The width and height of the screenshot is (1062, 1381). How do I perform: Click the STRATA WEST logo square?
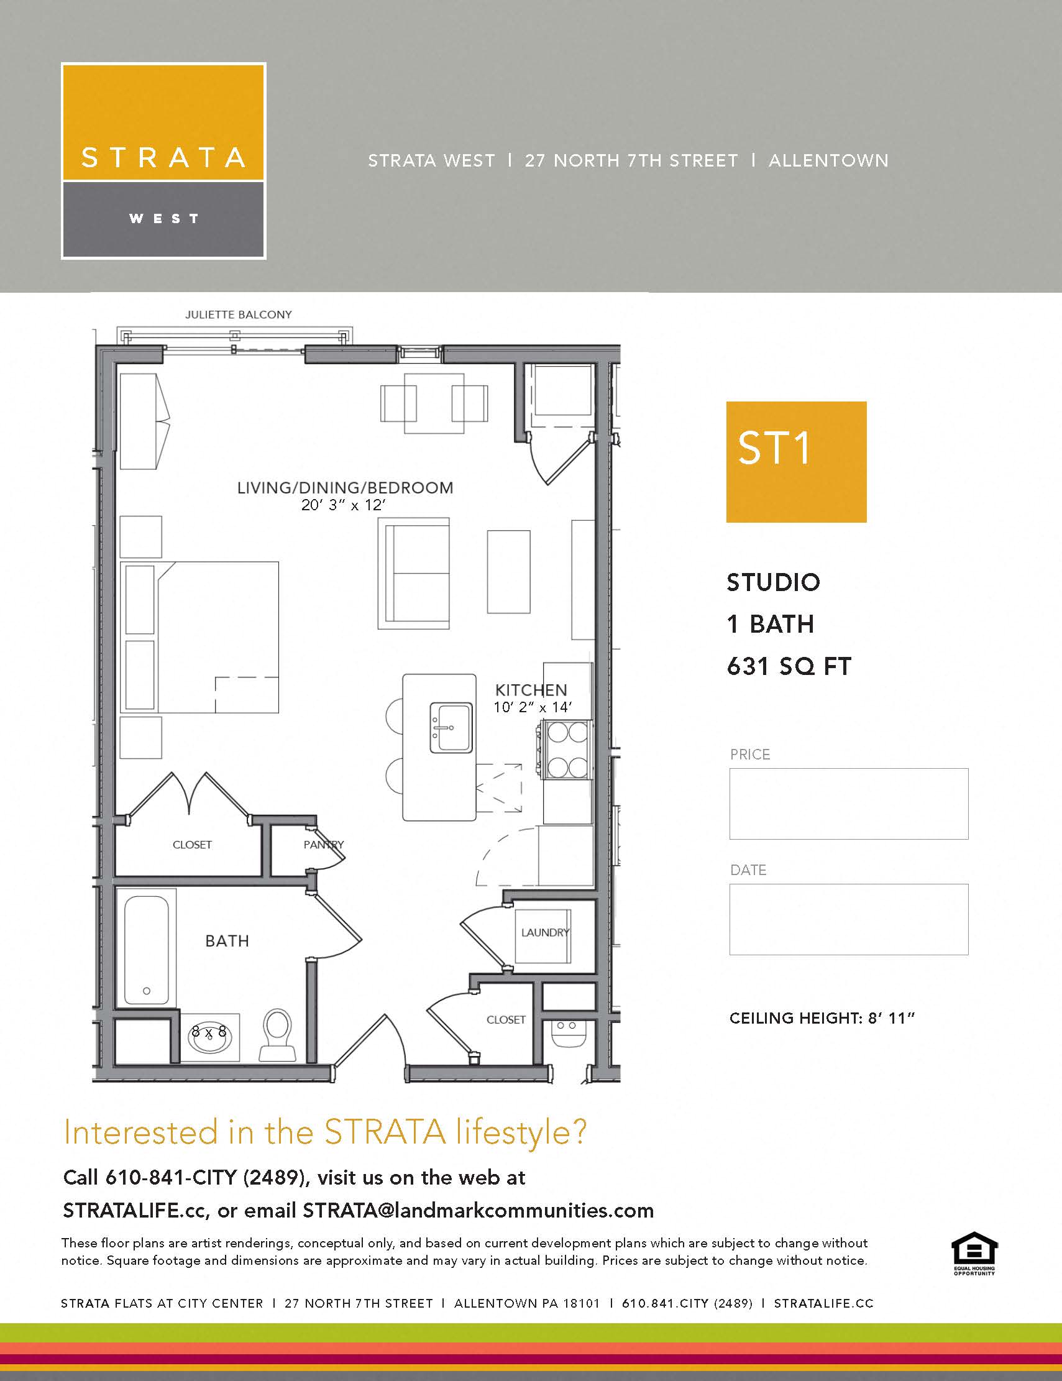click(x=163, y=160)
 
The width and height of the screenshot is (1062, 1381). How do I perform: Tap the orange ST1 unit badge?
click(x=796, y=462)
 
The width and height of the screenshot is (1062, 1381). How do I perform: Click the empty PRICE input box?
click(x=848, y=804)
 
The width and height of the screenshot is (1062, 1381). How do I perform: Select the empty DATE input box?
click(x=848, y=919)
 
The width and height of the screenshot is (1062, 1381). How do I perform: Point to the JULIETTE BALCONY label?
click(x=239, y=314)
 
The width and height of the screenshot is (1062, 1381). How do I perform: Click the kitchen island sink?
click(x=451, y=727)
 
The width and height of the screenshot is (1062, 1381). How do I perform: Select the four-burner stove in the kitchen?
click(x=566, y=750)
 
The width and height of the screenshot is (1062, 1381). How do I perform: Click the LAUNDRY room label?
click(x=544, y=932)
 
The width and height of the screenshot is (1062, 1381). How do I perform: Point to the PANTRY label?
click(x=323, y=844)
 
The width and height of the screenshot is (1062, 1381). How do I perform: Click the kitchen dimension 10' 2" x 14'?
click(x=533, y=707)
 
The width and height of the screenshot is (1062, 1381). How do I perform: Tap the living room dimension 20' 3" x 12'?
click(x=343, y=505)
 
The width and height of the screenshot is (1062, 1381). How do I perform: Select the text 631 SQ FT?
click(x=789, y=666)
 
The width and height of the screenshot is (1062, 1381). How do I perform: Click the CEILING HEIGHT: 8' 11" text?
click(x=822, y=1018)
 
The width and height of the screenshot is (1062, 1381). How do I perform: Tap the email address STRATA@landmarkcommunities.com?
click(x=478, y=1210)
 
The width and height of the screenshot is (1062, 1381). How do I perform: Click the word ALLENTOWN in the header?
click(x=828, y=160)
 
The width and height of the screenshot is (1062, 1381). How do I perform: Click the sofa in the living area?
click(x=414, y=573)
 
